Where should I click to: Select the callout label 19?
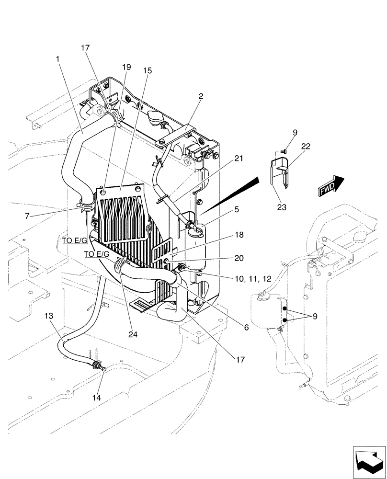coord(126,68)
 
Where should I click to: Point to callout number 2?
coord(201,96)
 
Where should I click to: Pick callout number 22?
coord(306,146)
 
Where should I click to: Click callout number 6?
coord(246,328)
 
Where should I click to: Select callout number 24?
coord(133,335)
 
